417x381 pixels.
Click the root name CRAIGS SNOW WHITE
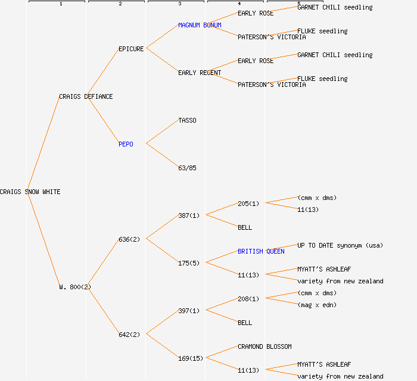[x=30, y=192]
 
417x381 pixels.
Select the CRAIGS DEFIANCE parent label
[x=86, y=96]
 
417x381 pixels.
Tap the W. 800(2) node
[x=75, y=287]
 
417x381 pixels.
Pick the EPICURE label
[x=131, y=49]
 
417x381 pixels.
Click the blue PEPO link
[x=126, y=144]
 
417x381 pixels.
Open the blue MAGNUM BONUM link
[x=200, y=25]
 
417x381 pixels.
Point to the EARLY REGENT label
[x=200, y=73]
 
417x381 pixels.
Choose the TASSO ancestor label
[x=187, y=120]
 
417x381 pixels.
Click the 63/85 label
[x=187, y=168]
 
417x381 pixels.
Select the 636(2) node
[x=129, y=239]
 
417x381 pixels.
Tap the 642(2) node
[x=129, y=335]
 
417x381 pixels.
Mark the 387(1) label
[x=189, y=216]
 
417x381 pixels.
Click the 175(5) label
[x=189, y=263]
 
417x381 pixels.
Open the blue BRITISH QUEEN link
[x=261, y=251]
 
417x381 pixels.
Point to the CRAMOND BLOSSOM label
[x=264, y=346]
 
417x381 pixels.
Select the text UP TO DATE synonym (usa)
[x=340, y=245]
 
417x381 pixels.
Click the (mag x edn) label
[x=317, y=305]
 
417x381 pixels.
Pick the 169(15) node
[x=191, y=358]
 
